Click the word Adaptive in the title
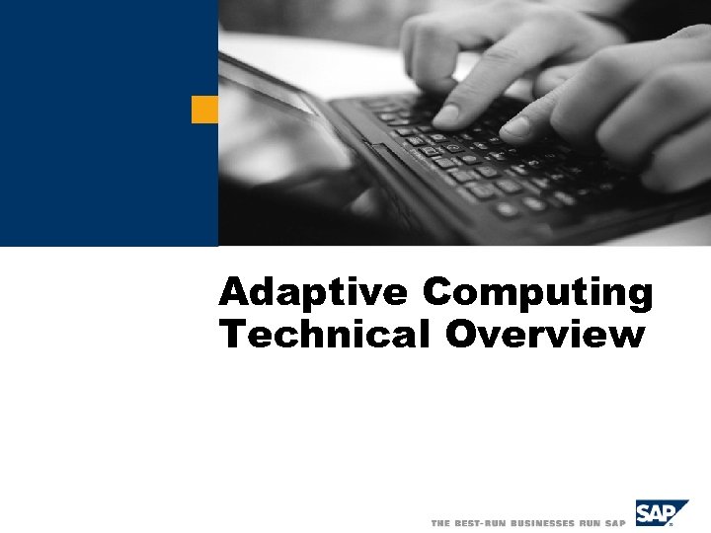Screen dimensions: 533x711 (313, 292)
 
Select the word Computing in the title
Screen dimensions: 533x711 (538, 294)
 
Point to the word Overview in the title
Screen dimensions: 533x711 (544, 336)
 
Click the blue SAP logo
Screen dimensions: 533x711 (661, 514)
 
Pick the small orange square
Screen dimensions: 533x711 (204, 110)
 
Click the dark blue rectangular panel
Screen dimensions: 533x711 (109, 123)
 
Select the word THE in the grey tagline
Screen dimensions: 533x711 (440, 522)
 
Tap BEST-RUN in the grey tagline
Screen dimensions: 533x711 (481, 522)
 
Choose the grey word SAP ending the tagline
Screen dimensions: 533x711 (615, 522)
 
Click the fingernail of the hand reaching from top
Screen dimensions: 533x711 (445, 115)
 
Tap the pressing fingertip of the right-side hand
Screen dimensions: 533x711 (515, 127)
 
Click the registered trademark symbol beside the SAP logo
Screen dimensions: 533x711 (685, 525)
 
